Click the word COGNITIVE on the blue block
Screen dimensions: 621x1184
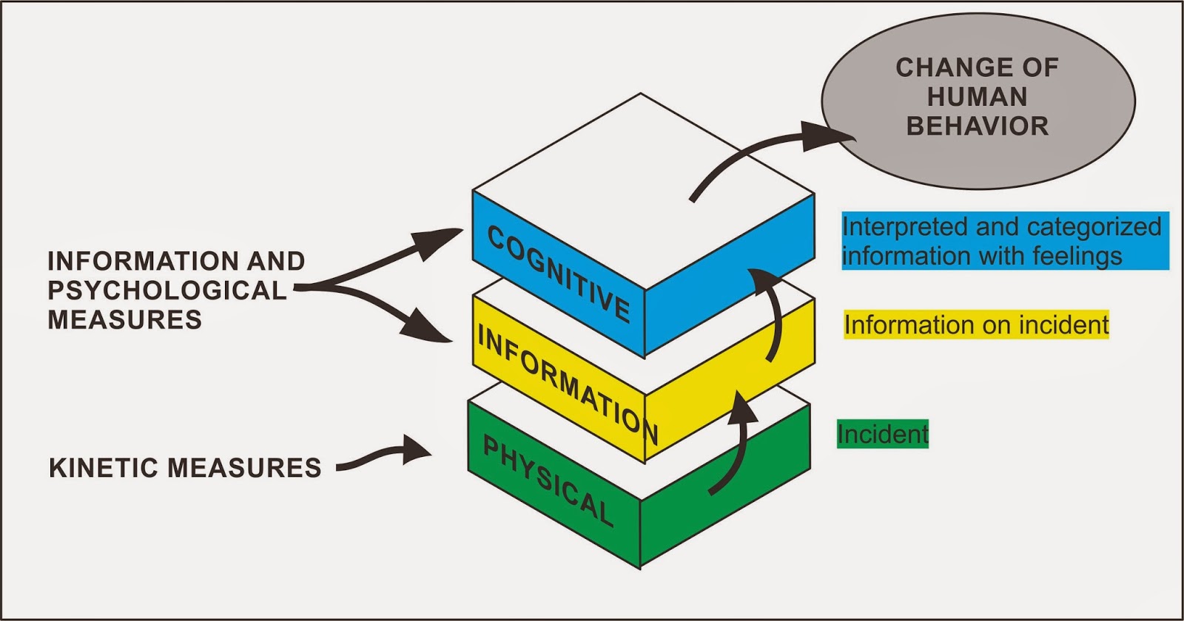(x=559, y=274)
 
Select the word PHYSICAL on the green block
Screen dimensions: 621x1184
(x=548, y=481)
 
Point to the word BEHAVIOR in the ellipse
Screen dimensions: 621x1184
(x=978, y=126)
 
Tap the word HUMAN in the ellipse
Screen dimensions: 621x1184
(x=978, y=97)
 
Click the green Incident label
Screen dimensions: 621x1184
(x=882, y=434)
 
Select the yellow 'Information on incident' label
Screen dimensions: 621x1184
(x=976, y=325)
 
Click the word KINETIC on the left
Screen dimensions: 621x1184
(x=104, y=468)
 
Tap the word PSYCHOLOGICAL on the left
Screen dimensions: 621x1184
(x=166, y=291)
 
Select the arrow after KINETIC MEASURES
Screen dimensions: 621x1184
(x=385, y=455)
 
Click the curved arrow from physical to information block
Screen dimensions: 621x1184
(x=736, y=444)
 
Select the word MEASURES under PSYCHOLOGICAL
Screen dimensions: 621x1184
(x=124, y=319)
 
